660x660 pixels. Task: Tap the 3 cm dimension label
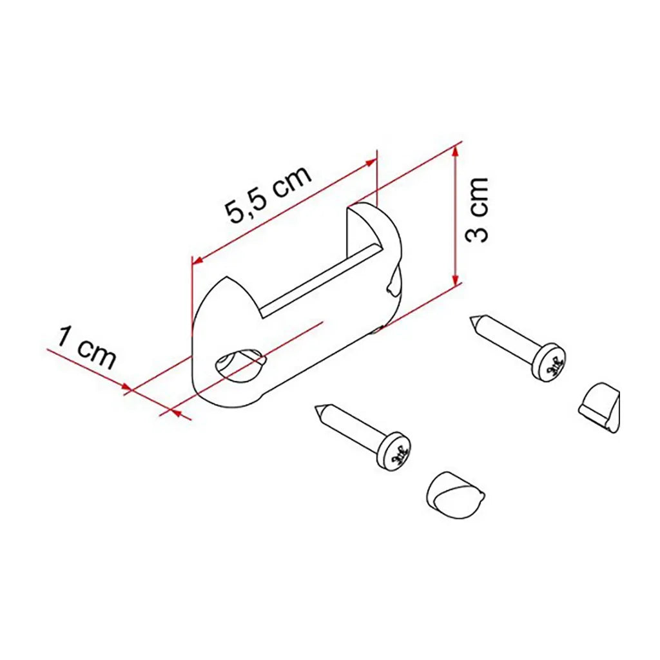tap(477, 209)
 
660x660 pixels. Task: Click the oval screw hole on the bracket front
tap(240, 360)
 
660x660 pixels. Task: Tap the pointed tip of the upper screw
tap(471, 319)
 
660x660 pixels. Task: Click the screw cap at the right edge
tap(599, 407)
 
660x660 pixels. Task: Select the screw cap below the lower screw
tap(454, 494)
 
